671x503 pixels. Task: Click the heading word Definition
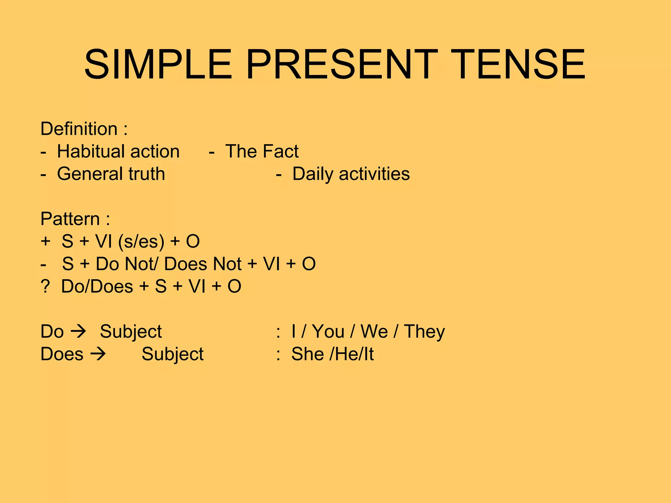click(79, 129)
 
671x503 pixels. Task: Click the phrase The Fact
click(262, 151)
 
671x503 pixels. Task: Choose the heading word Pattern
click(70, 219)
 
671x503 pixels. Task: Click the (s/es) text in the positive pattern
click(141, 242)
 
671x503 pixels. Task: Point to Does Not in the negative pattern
click(203, 264)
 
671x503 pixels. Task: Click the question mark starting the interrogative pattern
click(45, 287)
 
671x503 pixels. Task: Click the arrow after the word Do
click(79, 331)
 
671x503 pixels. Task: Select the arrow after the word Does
click(98, 354)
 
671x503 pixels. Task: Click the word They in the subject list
click(424, 331)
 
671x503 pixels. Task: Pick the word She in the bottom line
click(308, 354)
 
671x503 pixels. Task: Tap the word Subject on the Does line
click(172, 354)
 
